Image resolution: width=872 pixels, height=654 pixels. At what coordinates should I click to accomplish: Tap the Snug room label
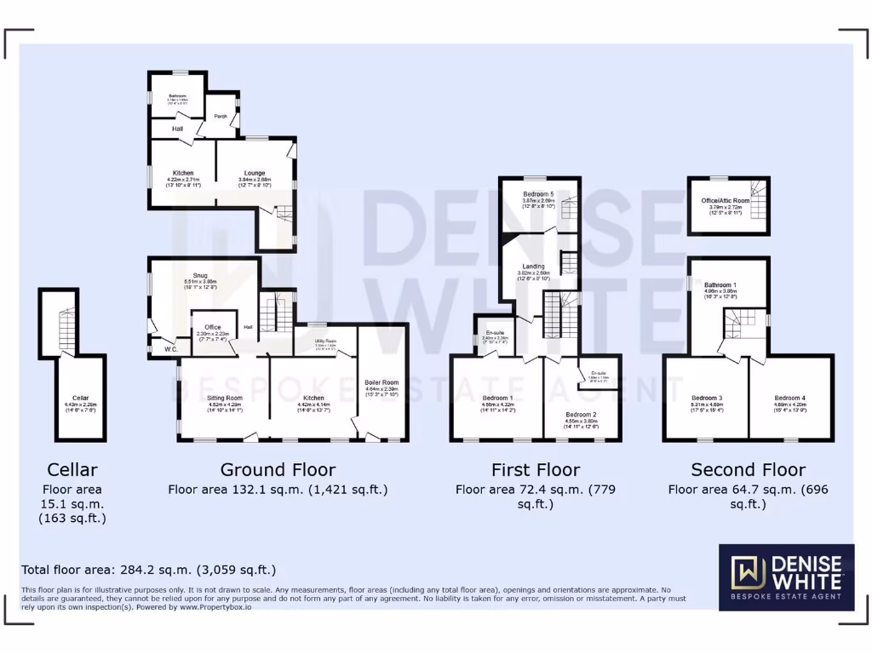tap(200, 275)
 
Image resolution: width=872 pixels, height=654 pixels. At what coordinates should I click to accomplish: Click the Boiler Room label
tap(382, 382)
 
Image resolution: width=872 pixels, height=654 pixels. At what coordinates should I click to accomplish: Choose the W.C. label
tap(160, 347)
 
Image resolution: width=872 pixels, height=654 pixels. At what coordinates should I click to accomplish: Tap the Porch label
tap(221, 117)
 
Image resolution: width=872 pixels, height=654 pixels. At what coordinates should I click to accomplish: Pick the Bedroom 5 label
tap(538, 195)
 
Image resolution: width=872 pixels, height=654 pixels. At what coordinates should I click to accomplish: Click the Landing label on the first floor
tap(533, 267)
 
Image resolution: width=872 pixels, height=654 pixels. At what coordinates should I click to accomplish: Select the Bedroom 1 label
tap(497, 398)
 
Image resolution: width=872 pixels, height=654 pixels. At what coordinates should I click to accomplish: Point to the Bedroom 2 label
tap(581, 415)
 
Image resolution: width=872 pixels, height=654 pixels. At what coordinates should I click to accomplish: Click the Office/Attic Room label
tap(726, 201)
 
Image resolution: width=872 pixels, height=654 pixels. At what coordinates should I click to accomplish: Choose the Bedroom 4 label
tap(789, 398)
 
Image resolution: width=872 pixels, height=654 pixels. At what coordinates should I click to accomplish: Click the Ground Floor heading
tap(278, 469)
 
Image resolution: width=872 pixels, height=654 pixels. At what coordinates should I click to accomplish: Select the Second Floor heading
tap(748, 469)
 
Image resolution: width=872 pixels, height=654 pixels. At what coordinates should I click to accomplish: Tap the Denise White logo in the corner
tap(786, 577)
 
